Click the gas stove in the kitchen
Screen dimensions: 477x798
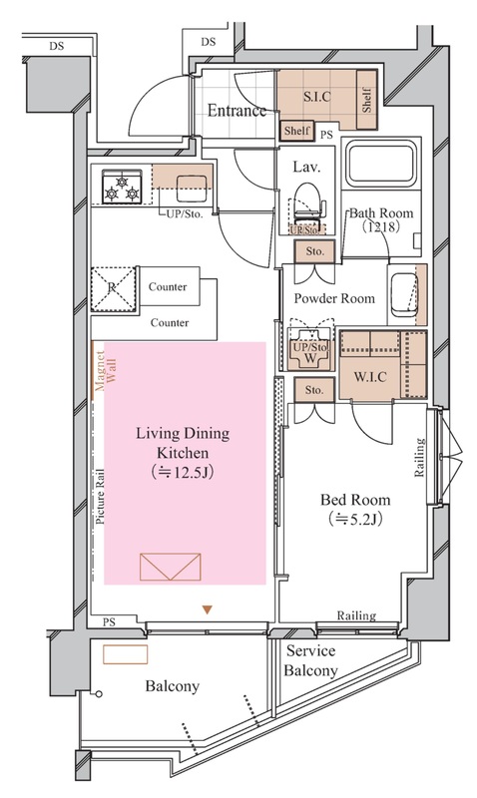pyautogui.click(x=122, y=187)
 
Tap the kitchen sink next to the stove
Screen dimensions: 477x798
pyautogui.click(x=192, y=189)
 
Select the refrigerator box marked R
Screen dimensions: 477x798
pyautogui.click(x=113, y=288)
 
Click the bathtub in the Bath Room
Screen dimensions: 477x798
pyautogui.click(x=380, y=164)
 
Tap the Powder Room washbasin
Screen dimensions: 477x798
pyautogui.click(x=404, y=296)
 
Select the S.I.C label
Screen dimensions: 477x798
pyautogui.click(x=317, y=96)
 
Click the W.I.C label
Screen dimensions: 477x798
pyautogui.click(x=370, y=377)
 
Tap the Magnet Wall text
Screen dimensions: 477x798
pyautogui.click(x=106, y=370)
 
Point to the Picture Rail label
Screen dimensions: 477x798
pyautogui.click(x=100, y=497)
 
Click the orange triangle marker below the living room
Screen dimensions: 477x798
pyautogui.click(x=207, y=609)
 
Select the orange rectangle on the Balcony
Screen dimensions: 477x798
pyautogui.click(x=125, y=654)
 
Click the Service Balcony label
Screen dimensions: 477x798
pyautogui.click(x=310, y=660)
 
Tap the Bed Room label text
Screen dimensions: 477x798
pyautogui.click(x=355, y=500)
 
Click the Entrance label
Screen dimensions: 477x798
pyautogui.click(x=237, y=111)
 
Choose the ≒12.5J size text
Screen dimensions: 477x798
pyautogui.click(x=182, y=473)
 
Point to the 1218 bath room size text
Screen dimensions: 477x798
pyautogui.click(x=381, y=227)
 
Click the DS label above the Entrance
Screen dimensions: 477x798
pyautogui.click(x=209, y=42)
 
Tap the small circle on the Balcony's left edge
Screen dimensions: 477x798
pyautogui.click(x=99, y=693)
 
